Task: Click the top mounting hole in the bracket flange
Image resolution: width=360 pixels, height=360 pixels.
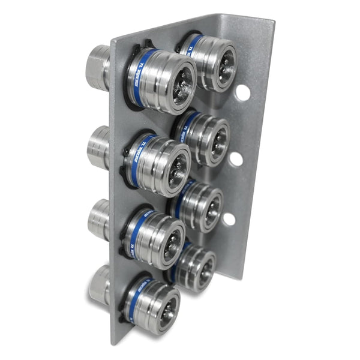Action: click(x=242, y=92)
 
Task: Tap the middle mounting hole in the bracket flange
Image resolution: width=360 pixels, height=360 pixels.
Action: click(x=236, y=159)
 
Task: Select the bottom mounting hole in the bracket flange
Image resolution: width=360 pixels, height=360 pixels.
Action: click(x=229, y=218)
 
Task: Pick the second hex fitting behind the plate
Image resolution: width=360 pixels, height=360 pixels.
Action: click(x=98, y=147)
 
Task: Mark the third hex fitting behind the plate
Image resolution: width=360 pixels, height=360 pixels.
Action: click(x=98, y=220)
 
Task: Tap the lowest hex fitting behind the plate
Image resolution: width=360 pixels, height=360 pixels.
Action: click(x=99, y=283)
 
